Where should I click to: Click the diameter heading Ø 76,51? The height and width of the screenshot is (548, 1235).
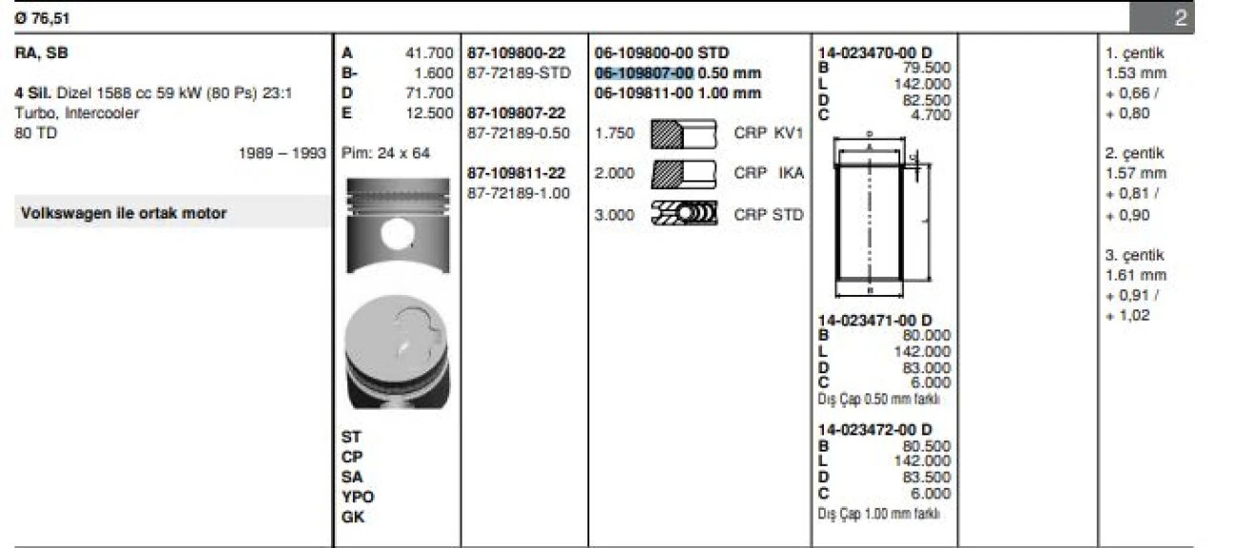[x=43, y=17]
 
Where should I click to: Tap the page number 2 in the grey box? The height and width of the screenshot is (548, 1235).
[x=1181, y=17]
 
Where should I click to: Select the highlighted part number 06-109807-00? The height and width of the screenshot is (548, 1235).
[x=644, y=73]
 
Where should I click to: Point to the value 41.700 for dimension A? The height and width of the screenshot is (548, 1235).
[x=429, y=53]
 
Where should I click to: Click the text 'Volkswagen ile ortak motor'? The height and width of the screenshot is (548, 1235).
[x=123, y=213]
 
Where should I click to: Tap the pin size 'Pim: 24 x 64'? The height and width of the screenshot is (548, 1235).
[x=385, y=153]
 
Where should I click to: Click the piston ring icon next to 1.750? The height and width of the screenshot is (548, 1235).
[x=682, y=134]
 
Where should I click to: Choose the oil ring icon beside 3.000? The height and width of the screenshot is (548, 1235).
[x=682, y=215]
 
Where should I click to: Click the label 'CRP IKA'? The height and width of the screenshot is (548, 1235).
[x=769, y=173]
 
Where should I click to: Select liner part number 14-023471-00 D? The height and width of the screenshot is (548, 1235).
[x=875, y=320]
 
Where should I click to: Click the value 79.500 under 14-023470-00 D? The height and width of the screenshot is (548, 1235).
[x=926, y=67]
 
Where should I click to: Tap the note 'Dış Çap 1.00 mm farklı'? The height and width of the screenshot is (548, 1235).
[x=878, y=514]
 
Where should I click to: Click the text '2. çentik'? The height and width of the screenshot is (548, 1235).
[x=1134, y=153]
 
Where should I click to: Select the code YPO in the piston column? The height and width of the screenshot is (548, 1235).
[x=358, y=496]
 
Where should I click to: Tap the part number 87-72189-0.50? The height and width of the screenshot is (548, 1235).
[x=519, y=133]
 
